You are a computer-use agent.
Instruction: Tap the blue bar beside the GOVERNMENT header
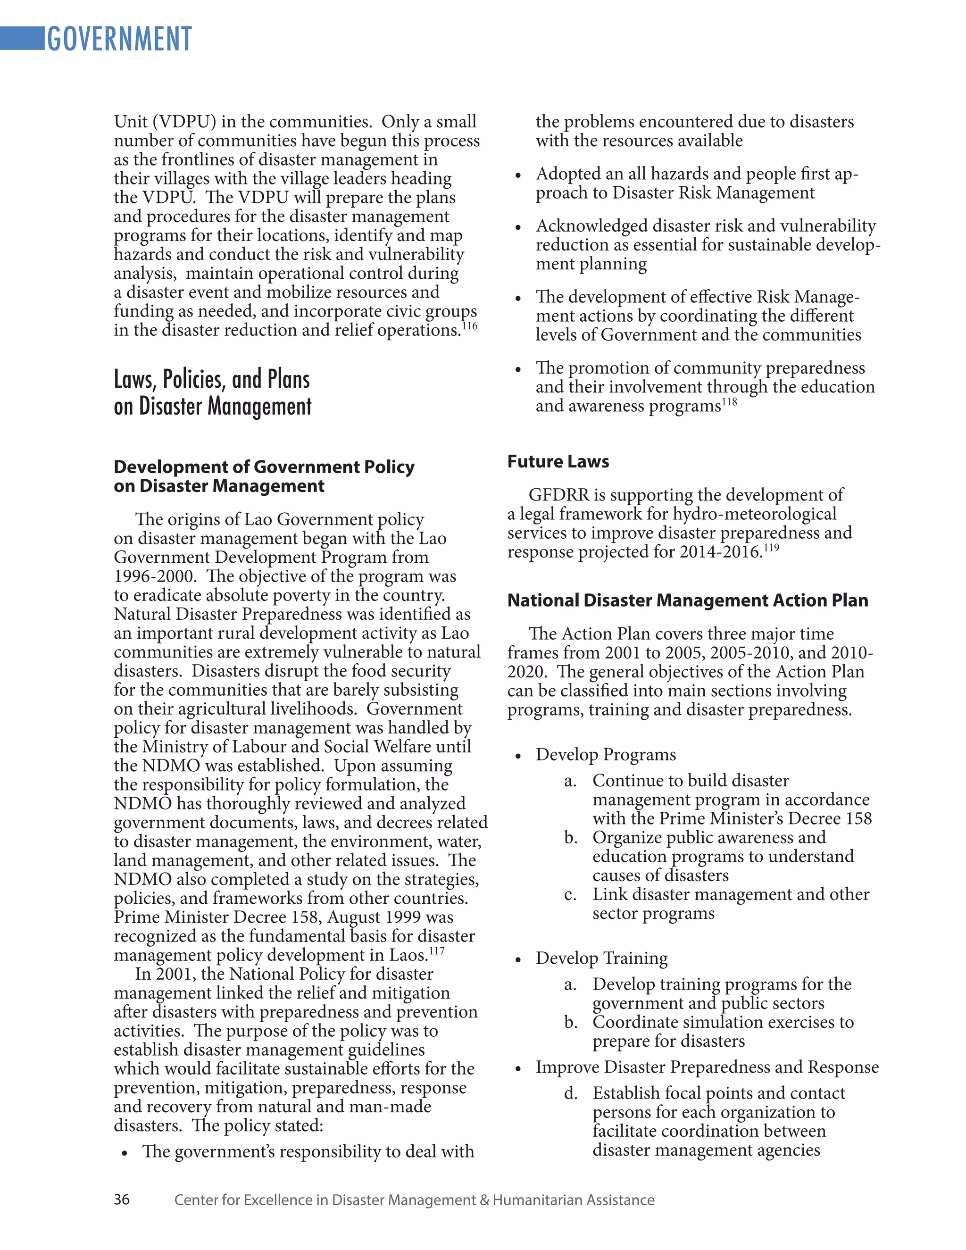pyautogui.click(x=22, y=38)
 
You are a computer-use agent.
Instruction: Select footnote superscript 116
pyautogui.click(x=469, y=325)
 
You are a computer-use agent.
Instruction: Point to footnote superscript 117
pyautogui.click(x=437, y=950)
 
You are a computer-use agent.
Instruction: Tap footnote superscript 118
pyautogui.click(x=729, y=402)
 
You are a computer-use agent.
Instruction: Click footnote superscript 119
pyautogui.click(x=771, y=548)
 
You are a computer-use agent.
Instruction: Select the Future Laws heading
pyautogui.click(x=558, y=461)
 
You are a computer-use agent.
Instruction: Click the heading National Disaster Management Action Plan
pyautogui.click(x=687, y=600)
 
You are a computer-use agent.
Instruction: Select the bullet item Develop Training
pyautogui.click(x=601, y=958)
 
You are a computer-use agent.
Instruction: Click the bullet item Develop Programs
pyautogui.click(x=606, y=754)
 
